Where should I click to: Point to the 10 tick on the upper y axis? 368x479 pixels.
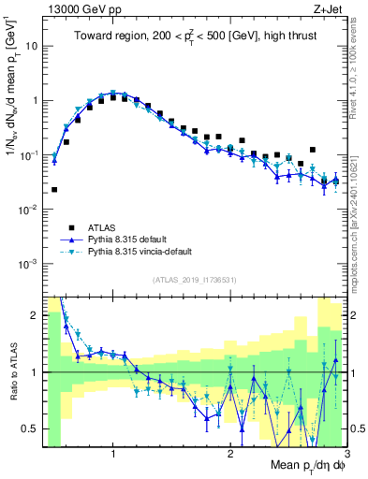(x=33, y=45)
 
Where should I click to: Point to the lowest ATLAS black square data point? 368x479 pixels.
(x=53, y=189)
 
